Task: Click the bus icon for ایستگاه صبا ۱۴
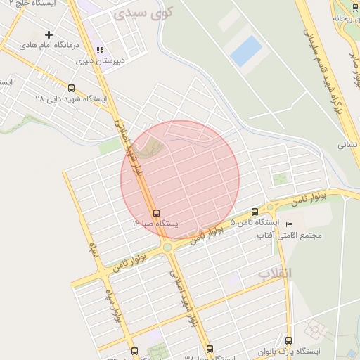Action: point(155,213)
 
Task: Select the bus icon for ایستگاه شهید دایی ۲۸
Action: point(71,89)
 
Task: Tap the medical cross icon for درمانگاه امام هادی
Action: point(49,34)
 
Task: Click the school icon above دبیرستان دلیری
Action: point(100,51)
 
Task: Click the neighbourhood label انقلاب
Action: point(274,272)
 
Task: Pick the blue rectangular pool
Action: point(245,52)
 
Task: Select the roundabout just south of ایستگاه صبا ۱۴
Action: point(167,246)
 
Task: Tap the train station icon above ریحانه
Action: point(339,16)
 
